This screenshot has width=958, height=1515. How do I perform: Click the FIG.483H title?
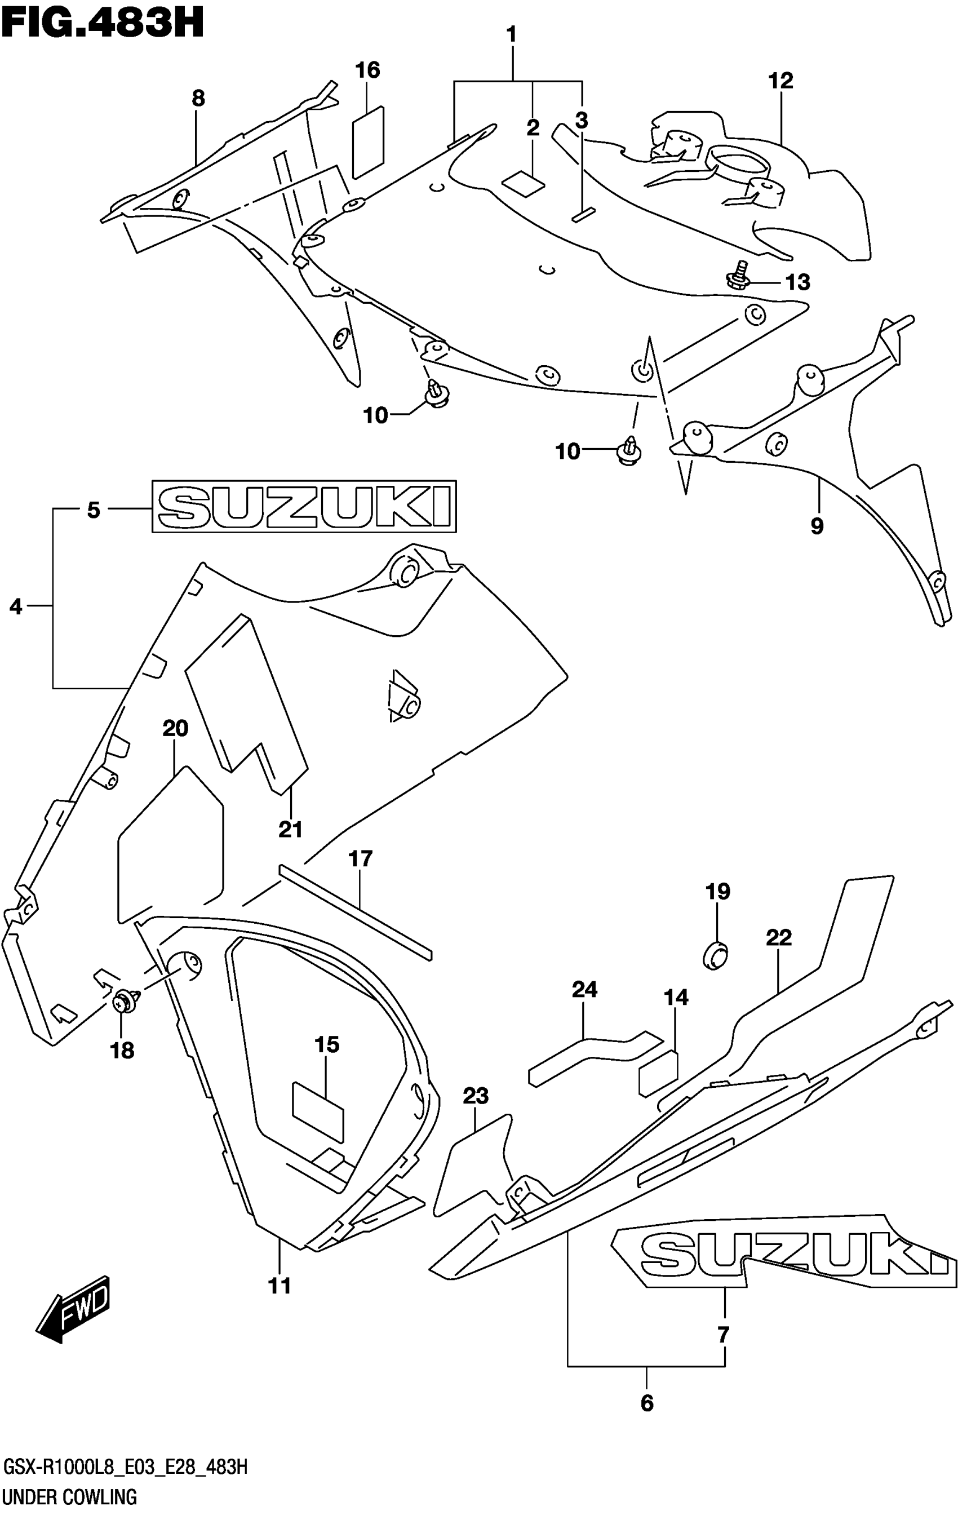pyautogui.click(x=103, y=24)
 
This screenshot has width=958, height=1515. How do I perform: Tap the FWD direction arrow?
pyautogui.click(x=75, y=1308)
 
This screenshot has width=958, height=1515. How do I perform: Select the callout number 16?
pyautogui.click(x=367, y=70)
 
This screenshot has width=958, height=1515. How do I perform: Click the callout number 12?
pyautogui.click(x=780, y=81)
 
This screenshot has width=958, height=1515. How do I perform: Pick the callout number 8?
pyautogui.click(x=198, y=98)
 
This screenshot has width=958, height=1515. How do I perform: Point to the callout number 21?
pyautogui.click(x=291, y=829)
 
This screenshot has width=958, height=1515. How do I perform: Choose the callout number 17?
pyautogui.click(x=361, y=858)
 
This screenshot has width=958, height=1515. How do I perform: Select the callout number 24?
pyautogui.click(x=584, y=990)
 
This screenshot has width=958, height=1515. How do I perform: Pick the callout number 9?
pyautogui.click(x=817, y=525)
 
